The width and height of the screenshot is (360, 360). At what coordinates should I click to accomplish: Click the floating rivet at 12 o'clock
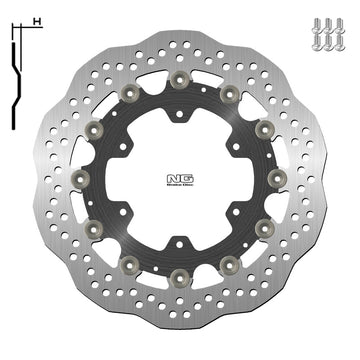(179, 78)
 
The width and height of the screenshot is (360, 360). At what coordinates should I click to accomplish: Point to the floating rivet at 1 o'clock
(229, 93)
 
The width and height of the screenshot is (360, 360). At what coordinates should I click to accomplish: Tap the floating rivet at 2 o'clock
(265, 129)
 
